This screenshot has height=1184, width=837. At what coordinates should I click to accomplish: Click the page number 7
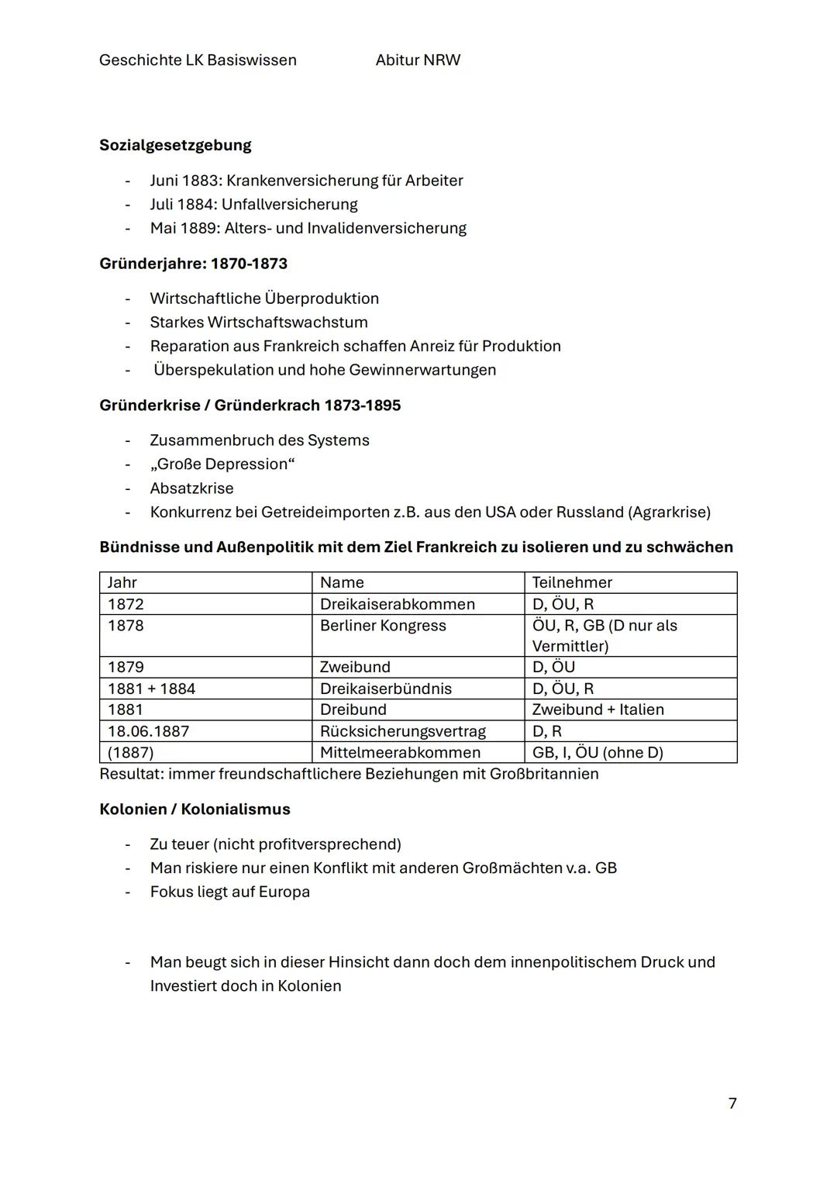732,1103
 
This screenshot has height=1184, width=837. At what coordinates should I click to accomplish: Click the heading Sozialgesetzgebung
175,145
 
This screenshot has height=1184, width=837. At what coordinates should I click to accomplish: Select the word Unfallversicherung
289,204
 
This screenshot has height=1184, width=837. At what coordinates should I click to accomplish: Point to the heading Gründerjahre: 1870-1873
193,264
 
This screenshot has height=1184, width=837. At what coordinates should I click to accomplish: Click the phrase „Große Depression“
222,464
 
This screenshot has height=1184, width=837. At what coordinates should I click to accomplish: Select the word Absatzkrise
191,488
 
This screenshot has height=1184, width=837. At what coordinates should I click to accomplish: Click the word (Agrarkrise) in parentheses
669,512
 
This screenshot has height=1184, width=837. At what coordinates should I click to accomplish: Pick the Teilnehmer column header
571,582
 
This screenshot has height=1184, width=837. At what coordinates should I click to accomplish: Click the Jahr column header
122,582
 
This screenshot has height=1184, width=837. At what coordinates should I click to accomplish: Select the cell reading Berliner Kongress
383,626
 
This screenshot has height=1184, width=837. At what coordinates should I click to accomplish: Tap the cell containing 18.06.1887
148,731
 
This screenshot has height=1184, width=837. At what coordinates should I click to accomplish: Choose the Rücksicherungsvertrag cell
402,731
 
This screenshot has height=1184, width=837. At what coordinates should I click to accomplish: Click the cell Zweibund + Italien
598,709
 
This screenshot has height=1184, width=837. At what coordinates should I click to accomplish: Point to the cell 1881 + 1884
151,689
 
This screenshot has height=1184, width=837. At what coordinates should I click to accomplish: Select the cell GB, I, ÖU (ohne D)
597,752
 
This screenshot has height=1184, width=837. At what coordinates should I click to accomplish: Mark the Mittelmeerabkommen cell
400,752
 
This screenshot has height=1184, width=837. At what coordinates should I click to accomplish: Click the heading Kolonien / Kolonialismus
195,809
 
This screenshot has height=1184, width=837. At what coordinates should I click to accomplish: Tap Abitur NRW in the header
418,60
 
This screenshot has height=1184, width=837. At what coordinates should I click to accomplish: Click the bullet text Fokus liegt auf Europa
229,892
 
